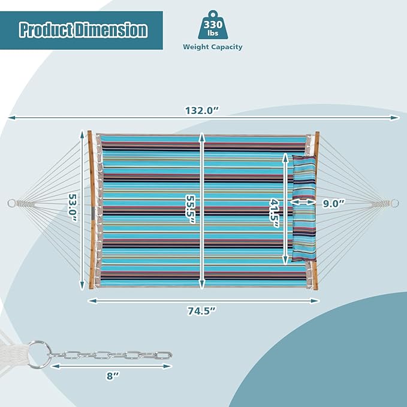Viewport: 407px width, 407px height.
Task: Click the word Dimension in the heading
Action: click(111, 30)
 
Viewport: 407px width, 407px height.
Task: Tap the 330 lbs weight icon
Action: click(213, 25)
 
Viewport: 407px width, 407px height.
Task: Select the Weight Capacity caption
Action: click(213, 47)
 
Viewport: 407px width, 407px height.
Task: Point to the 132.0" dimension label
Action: click(203, 110)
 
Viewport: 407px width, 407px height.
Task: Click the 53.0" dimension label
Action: click(73, 207)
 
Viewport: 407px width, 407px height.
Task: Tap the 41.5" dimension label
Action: click(275, 213)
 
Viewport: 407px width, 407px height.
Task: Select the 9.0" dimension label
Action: click(333, 204)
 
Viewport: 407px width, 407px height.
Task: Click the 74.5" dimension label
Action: click(202, 310)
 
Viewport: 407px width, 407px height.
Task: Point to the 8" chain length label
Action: click(113, 376)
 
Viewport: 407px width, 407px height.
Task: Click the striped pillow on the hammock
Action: click(304, 208)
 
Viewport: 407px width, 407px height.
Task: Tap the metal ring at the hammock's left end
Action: click(11, 203)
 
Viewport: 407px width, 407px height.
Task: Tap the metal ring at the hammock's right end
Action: click(394, 203)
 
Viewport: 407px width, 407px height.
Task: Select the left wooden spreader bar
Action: click(91, 210)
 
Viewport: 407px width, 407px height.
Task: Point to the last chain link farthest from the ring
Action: click(164, 355)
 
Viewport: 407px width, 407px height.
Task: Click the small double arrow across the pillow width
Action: click(303, 202)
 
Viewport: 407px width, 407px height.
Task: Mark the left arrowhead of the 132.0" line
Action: click(11, 118)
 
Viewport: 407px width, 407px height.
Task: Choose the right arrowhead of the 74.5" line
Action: click(315, 301)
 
